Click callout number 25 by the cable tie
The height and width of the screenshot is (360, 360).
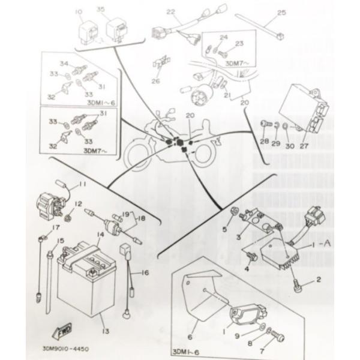coord(282,12)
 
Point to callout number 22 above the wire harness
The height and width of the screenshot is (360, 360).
coord(170,12)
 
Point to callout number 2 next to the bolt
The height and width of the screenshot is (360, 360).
coord(319,280)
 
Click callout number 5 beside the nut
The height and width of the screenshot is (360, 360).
coord(226,229)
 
